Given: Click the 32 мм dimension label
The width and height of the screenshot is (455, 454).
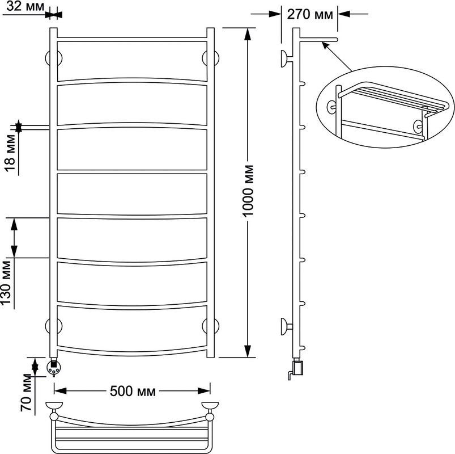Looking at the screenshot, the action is coord(25,6).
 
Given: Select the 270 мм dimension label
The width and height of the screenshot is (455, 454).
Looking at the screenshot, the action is coord(310,14).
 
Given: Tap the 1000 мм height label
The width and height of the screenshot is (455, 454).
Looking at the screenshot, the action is coord(248,191).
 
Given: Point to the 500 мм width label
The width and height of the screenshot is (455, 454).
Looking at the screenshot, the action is coord(133,391).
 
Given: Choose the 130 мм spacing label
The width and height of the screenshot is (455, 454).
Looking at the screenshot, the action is coord(6,283).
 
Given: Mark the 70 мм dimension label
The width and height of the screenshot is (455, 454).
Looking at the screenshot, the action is coord(27,392).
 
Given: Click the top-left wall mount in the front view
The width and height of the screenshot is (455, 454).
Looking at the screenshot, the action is coord(54,58).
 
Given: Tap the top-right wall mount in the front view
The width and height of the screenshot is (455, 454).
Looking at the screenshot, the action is coord(211,58).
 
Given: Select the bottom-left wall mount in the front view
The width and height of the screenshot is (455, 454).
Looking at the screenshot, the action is coord(54,326).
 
